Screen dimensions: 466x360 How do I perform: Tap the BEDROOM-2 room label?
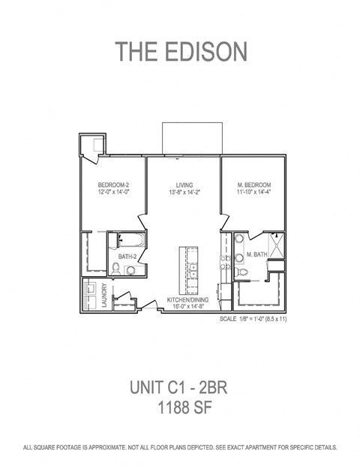[x=113, y=185]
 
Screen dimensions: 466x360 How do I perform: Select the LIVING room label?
[x=184, y=185]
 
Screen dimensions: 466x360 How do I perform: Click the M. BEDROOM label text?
[x=253, y=185]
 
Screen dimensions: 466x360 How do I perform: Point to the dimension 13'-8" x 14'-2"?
[x=184, y=192]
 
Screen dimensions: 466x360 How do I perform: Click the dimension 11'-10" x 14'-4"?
[x=253, y=192]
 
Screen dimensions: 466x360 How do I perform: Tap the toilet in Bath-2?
[x=129, y=269]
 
